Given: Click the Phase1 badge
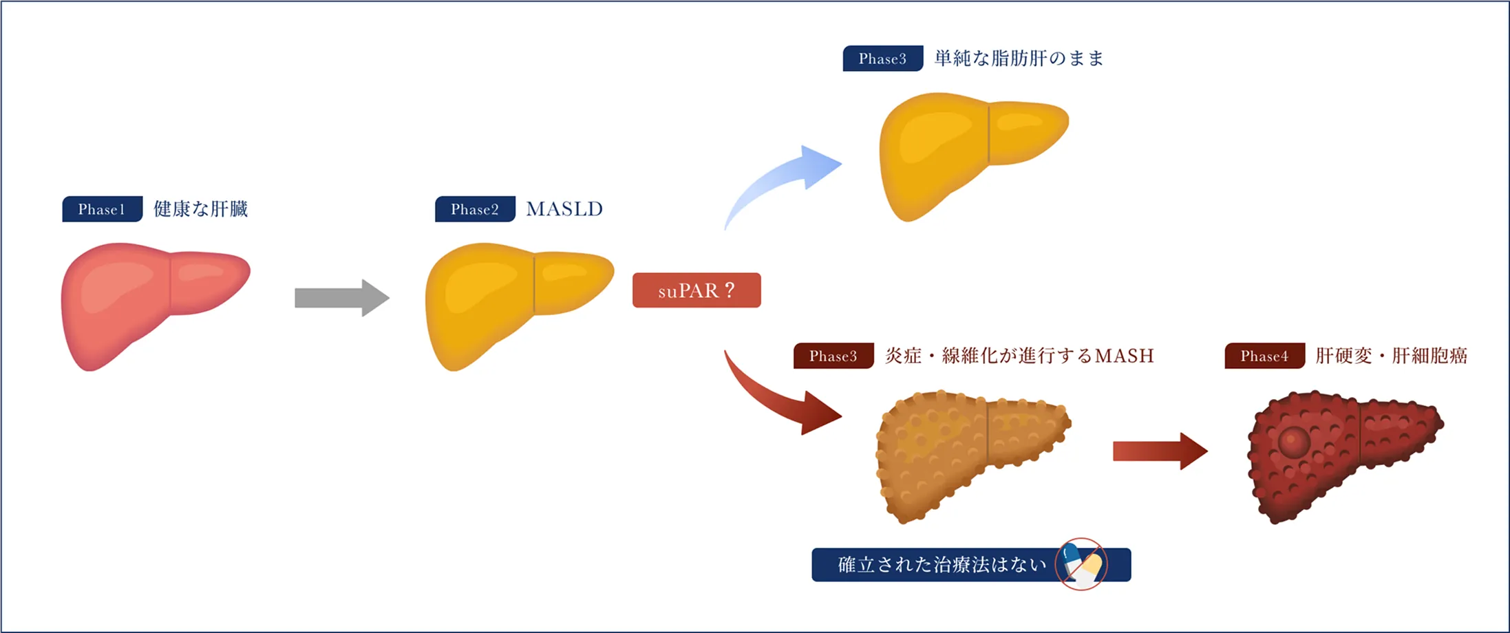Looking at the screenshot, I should coord(102,209).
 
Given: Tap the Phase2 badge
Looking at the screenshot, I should coord(475,209).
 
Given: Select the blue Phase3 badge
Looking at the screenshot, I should coord(882,58).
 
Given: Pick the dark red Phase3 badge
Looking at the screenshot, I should coord(833,356).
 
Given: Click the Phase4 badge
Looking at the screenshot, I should coord(1264,356).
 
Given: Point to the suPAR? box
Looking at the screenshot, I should coord(696,290).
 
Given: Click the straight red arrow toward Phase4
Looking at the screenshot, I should coord(1160,451).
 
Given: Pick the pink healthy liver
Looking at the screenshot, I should coord(148,303).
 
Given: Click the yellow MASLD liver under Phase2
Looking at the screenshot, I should coord(513,303).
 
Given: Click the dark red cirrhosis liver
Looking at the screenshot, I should coord(1342,454).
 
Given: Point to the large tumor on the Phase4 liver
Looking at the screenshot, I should coord(1293,441).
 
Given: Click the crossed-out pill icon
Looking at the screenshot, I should coord(1081,564).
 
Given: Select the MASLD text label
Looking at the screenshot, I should coord(564,209).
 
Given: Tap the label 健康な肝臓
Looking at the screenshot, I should coord(200,209).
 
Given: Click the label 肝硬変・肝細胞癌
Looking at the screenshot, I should coord(1391,356).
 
